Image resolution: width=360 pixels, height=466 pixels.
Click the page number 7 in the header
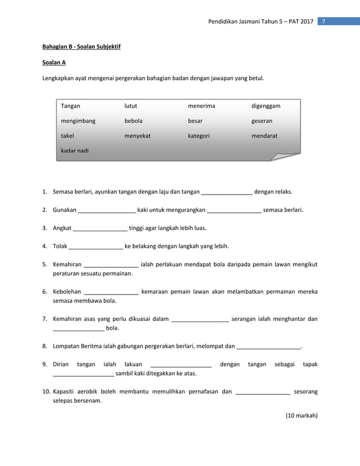click(x=324, y=21)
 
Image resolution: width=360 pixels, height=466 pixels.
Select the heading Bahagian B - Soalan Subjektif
click(x=81, y=46)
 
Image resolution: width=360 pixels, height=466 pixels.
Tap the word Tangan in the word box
click(x=71, y=105)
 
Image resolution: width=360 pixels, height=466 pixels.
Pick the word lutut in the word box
click(x=131, y=105)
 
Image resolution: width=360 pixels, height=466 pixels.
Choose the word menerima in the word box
click(x=201, y=105)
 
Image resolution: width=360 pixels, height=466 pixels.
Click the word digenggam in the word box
click(x=266, y=105)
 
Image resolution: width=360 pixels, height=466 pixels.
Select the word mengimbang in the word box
click(x=78, y=121)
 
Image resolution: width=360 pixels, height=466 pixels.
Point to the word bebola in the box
click(x=134, y=121)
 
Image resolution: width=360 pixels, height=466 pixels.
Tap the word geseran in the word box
click(x=262, y=121)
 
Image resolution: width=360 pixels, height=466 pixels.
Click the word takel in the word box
click(x=68, y=136)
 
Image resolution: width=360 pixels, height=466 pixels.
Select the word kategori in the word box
click(x=199, y=136)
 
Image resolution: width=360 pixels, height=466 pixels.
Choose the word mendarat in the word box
click(x=264, y=136)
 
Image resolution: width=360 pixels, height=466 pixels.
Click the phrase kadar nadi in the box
click(x=75, y=151)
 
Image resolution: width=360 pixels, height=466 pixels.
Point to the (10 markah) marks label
click(x=302, y=416)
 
